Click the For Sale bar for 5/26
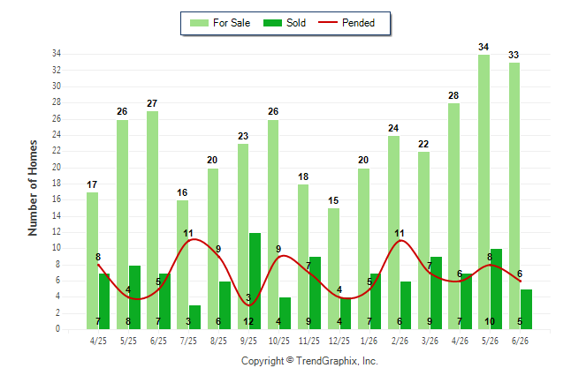coord(484,191)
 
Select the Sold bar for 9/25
coord(255,281)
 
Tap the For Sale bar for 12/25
coord(333,268)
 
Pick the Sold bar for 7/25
coord(194,317)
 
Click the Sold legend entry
coord(285,23)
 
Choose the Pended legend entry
coord(346,23)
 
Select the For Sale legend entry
coord(220,23)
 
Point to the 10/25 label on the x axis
coord(279,341)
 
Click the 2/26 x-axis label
coord(400,341)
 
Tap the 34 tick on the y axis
coord(57,54)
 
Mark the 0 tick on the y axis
coord(57,329)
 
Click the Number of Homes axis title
coord(33,188)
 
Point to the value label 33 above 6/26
coord(514,55)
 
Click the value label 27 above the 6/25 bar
coord(152,103)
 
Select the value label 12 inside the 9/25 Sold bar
coord(248,321)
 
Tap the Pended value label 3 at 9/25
coord(248,297)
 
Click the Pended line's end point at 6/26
coord(520,281)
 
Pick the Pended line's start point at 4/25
coord(98,265)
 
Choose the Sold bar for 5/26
coord(496,289)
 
